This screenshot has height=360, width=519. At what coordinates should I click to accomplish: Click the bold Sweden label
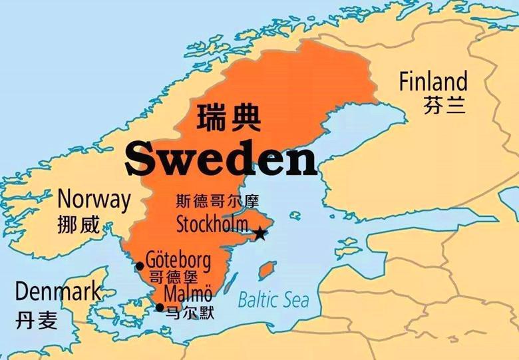click(220, 159)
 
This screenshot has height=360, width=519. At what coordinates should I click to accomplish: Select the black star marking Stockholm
click(259, 234)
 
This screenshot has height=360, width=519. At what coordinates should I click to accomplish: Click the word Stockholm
click(212, 224)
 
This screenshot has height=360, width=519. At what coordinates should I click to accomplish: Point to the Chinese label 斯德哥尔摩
click(217, 201)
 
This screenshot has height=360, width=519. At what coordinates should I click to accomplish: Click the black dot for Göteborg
click(140, 266)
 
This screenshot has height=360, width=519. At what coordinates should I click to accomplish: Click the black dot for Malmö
click(160, 307)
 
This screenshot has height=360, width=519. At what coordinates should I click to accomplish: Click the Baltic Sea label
click(273, 299)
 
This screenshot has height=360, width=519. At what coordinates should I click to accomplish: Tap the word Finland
click(433, 82)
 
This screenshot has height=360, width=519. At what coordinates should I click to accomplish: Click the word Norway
click(94, 199)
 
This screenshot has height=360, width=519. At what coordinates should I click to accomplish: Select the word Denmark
click(58, 291)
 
